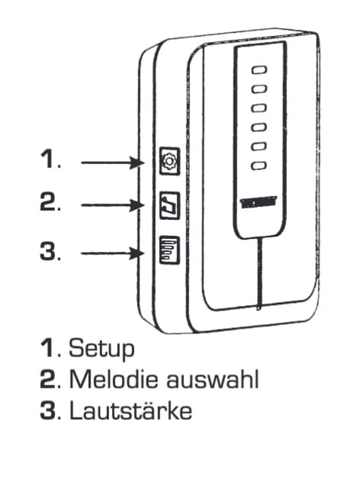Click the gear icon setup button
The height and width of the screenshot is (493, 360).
(169, 161)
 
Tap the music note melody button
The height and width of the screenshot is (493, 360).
(169, 205)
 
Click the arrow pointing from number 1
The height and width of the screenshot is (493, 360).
(112, 163)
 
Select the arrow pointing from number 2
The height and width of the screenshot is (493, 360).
(112, 205)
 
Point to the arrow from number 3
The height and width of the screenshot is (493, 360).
(112, 253)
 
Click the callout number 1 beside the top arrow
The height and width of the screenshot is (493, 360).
(50, 159)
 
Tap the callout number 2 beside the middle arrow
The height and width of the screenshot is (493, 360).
(50, 201)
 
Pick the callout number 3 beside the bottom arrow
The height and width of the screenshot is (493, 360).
(50, 250)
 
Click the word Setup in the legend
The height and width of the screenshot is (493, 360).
(101, 349)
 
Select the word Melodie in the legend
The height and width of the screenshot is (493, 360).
(113, 379)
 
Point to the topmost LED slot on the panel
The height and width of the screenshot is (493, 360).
(259, 69)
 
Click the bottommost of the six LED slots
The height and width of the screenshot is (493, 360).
(259, 166)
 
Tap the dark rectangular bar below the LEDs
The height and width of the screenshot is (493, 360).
(259, 202)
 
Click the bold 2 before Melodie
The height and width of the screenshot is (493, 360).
(48, 379)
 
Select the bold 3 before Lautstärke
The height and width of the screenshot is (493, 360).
(48, 410)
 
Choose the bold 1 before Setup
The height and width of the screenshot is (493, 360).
(48, 348)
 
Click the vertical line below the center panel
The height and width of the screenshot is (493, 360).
(259, 273)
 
